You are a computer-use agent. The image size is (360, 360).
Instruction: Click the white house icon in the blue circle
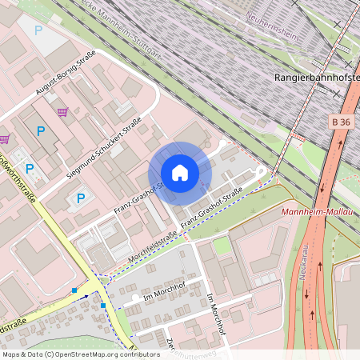coord(180,173)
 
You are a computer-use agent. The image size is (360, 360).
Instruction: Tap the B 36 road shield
coord(340,122)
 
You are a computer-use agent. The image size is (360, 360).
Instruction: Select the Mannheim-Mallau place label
coord(318,212)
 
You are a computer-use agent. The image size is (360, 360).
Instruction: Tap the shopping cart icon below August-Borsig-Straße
coord(62,112)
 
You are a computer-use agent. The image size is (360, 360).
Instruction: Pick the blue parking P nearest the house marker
coord(80,198)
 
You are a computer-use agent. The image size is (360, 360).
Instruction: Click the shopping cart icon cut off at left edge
coord(4,138)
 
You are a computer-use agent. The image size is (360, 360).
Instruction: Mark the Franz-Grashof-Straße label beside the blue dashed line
coord(211,210)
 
